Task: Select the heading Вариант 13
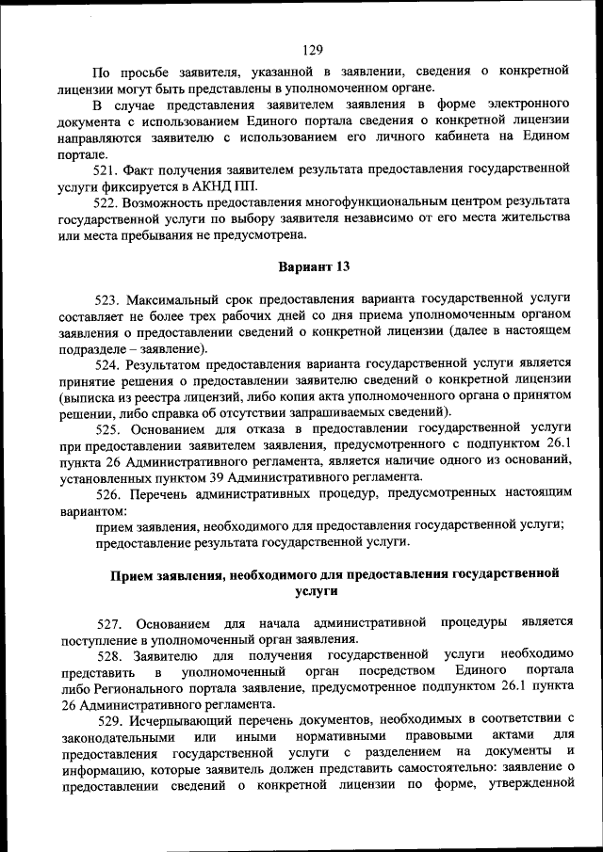314,266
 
